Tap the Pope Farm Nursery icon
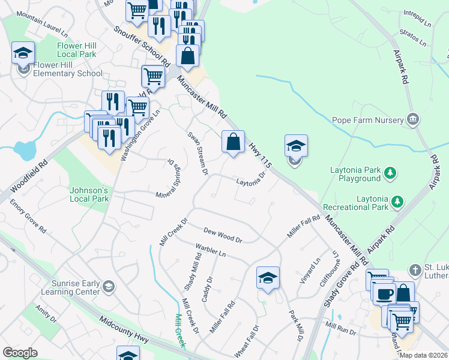[x=412, y=119]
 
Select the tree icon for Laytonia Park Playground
[x=390, y=173]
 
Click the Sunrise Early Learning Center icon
[x=109, y=286]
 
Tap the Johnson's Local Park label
[x=89, y=194]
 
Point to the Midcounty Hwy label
[x=124, y=329]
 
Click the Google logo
[x=20, y=353]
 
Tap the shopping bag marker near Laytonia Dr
[x=234, y=143]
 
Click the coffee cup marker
[x=384, y=293]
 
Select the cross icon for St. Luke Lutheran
[x=414, y=269]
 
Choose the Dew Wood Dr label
[x=222, y=235]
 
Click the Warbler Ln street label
[x=209, y=250]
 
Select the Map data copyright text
[x=423, y=355]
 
